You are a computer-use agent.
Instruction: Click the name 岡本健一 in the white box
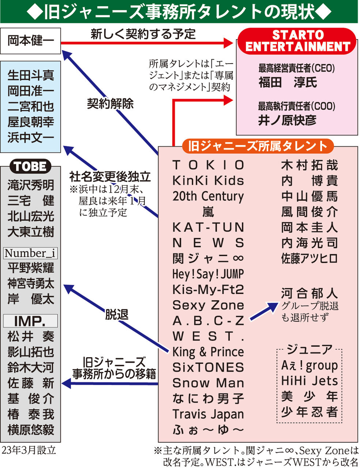[x=30, y=40]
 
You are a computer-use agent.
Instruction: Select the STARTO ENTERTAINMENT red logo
[x=297, y=41]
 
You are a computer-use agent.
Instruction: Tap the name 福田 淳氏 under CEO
[x=288, y=82]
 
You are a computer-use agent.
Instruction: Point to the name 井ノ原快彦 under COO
[x=287, y=120]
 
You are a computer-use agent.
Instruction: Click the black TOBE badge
[x=30, y=166]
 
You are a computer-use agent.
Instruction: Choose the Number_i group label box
[x=30, y=253]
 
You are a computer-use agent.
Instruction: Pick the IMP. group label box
[x=30, y=321]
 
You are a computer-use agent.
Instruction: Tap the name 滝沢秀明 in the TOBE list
[x=31, y=185]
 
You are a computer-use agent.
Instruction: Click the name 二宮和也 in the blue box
[x=31, y=106]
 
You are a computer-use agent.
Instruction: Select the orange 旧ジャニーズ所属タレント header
[x=258, y=146]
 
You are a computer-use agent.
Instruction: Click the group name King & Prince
[x=208, y=352]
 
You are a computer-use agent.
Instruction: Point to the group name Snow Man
[x=208, y=383]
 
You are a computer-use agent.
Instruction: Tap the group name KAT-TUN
[x=208, y=227]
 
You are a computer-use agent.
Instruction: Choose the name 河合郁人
[x=310, y=293]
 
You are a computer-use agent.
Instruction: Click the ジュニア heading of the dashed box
[x=310, y=349]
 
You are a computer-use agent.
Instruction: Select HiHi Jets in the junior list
[x=310, y=381]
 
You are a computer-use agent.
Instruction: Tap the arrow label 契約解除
[x=110, y=103]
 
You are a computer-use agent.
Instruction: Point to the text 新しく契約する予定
[x=143, y=34]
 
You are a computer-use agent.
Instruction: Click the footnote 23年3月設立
[x=29, y=450]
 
